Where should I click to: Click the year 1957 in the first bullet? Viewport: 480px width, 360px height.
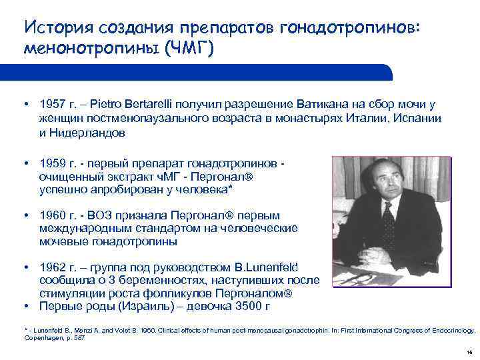click(x=52, y=105)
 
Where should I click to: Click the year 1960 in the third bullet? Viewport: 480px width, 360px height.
click(x=52, y=216)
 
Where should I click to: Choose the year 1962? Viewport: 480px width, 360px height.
click(x=52, y=267)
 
